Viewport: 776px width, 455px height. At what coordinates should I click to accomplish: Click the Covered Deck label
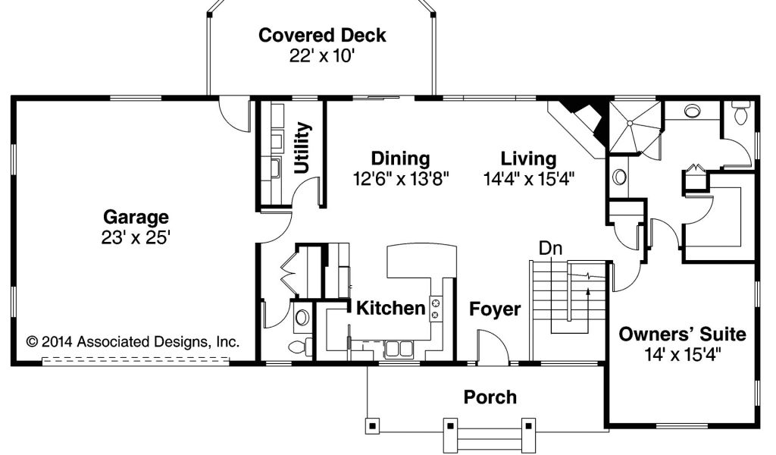(322, 35)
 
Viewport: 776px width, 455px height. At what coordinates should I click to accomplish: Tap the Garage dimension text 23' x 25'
(136, 238)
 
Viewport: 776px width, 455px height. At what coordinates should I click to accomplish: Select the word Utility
(302, 148)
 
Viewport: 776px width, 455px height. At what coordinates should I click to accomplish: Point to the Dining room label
(400, 158)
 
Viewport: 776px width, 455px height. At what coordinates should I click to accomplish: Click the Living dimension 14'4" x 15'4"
(528, 179)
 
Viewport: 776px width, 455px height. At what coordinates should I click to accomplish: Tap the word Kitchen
(391, 308)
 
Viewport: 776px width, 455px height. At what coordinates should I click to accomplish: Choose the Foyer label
(495, 309)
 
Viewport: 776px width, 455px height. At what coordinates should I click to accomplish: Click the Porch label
(490, 397)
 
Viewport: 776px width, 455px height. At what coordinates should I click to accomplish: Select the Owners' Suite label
(683, 334)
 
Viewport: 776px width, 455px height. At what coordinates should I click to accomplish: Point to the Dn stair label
(550, 248)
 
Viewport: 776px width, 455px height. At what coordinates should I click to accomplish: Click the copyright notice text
(133, 341)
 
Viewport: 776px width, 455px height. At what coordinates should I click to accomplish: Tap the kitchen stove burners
(436, 309)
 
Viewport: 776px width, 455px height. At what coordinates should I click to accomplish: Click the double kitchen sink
(399, 349)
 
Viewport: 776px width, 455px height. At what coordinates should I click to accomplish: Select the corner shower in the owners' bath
(634, 127)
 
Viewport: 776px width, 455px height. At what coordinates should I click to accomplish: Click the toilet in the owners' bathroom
(741, 113)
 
